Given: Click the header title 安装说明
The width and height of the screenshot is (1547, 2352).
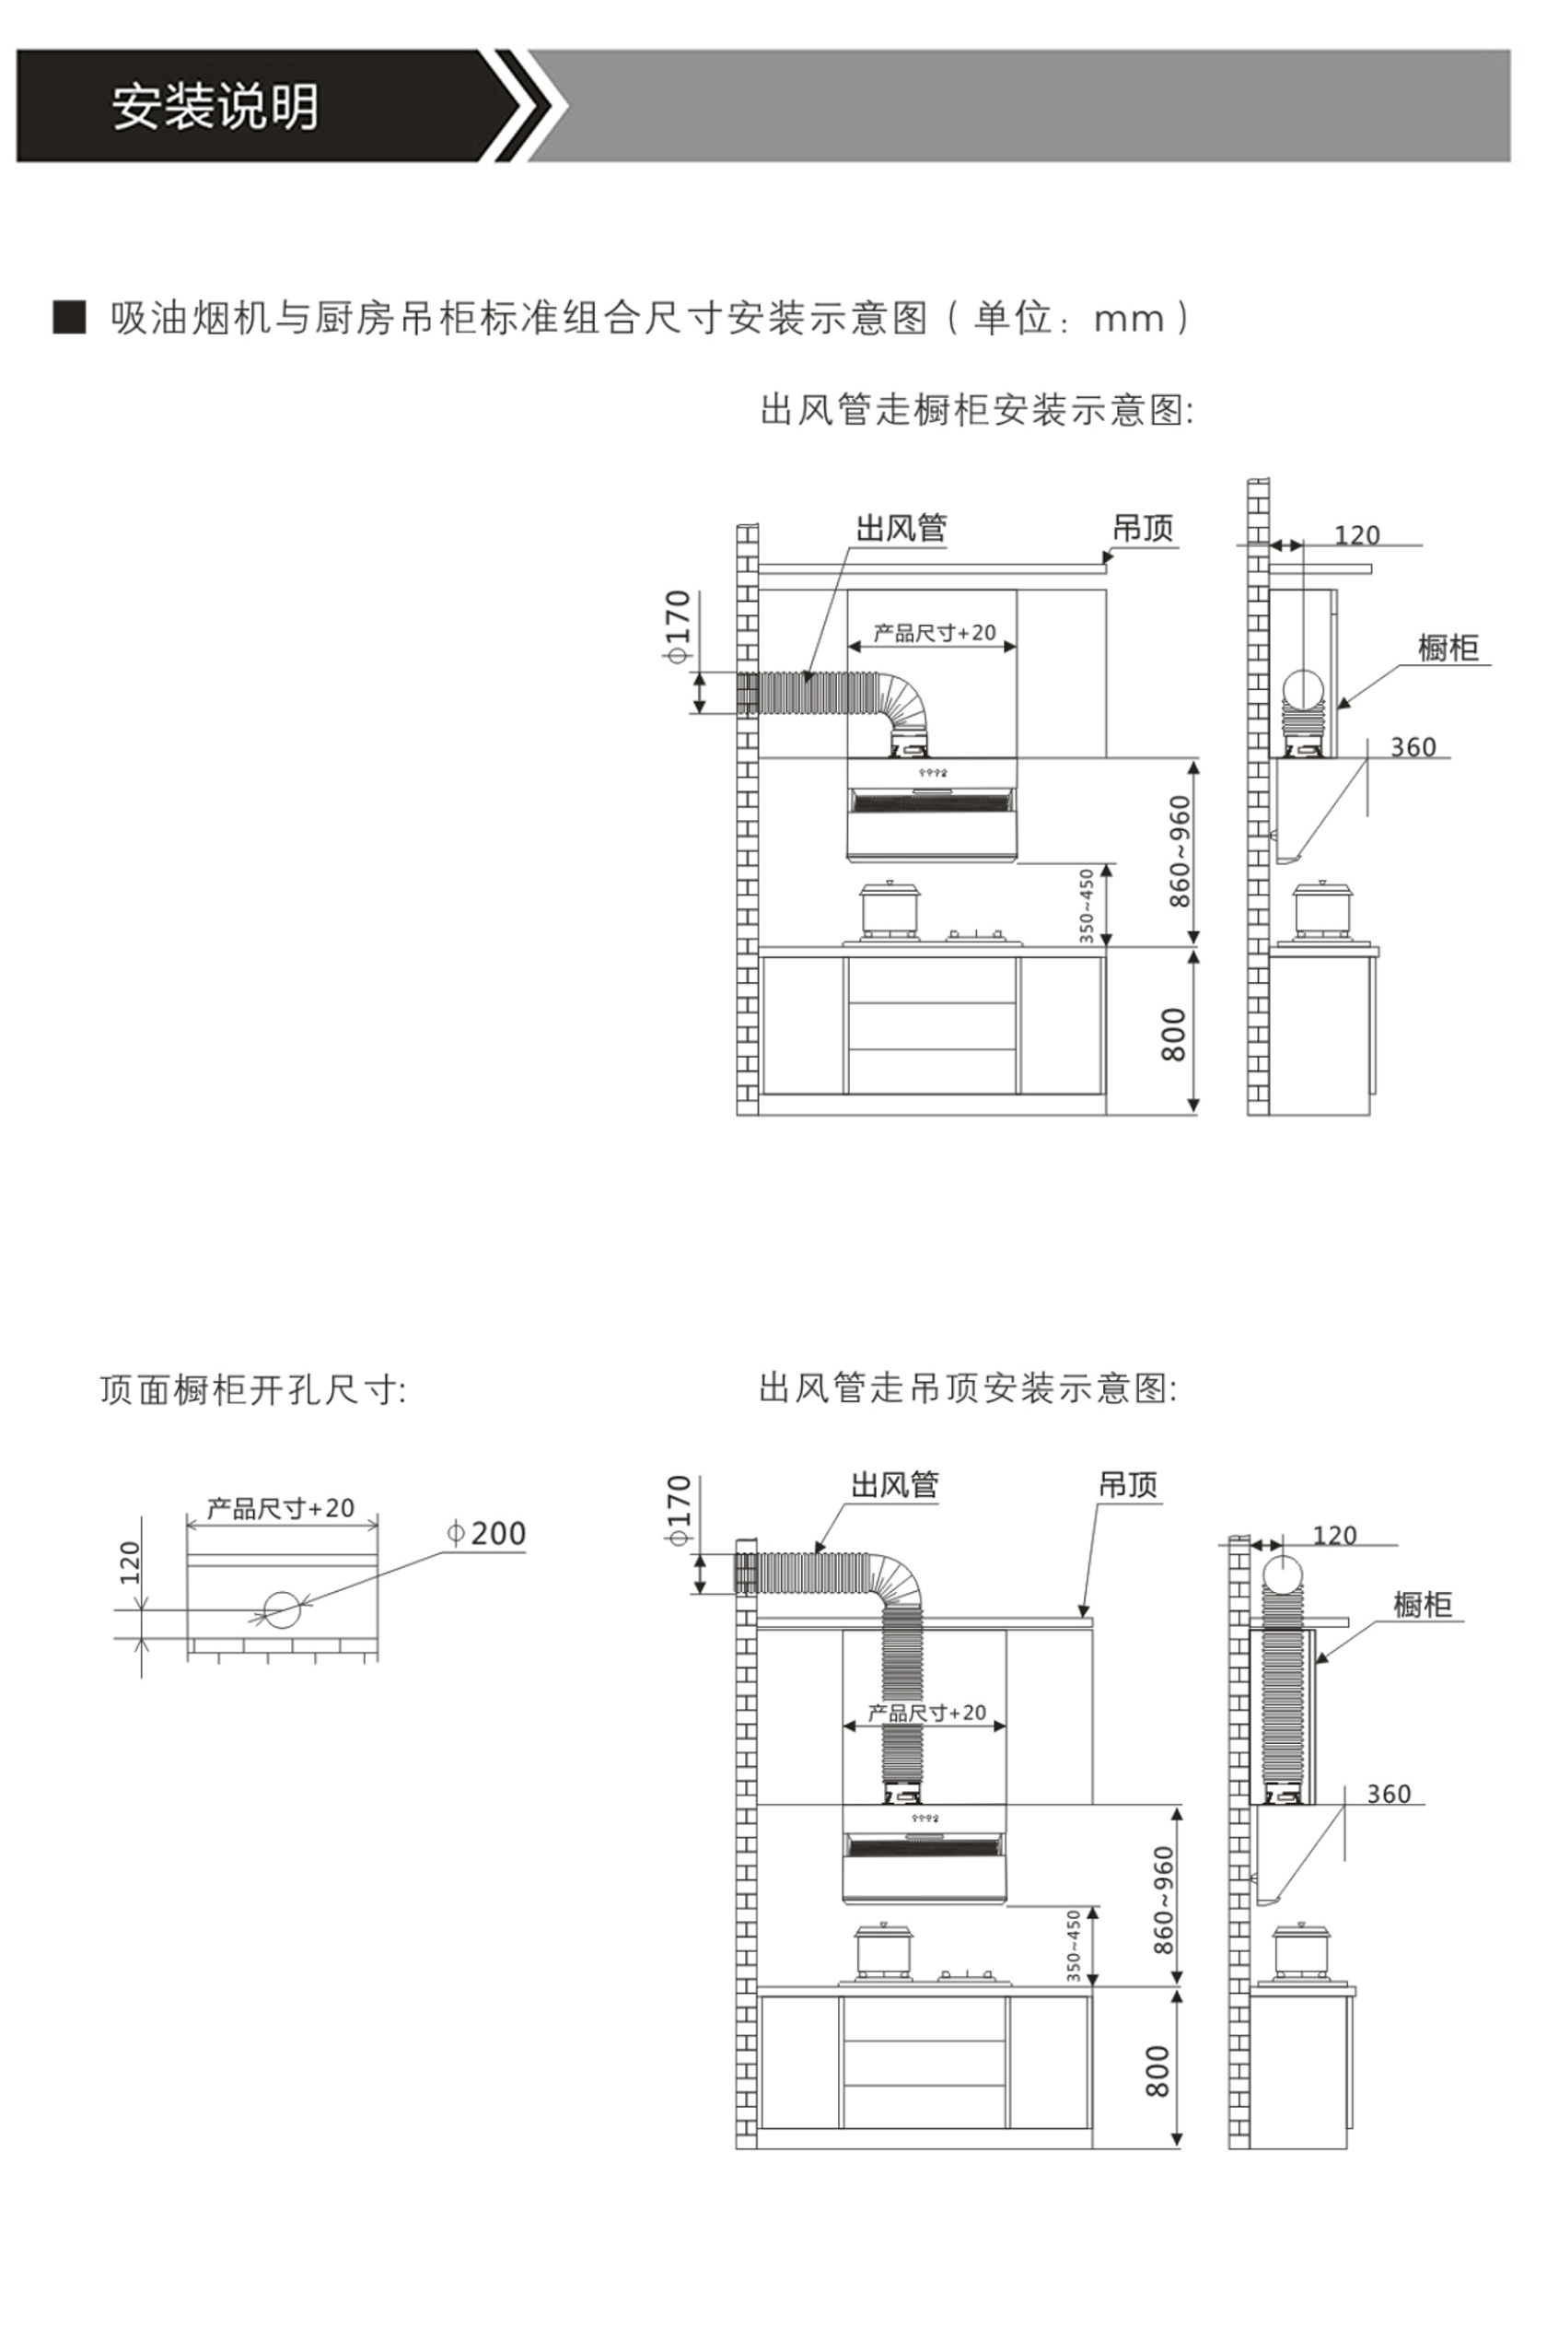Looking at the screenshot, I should click(x=215, y=107).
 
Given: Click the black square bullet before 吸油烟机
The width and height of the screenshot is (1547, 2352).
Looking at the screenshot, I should click(x=69, y=317).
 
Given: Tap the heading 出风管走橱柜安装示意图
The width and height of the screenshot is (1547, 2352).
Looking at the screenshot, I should click(x=976, y=409).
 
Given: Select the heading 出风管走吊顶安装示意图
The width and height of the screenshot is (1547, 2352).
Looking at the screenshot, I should click(x=967, y=1388).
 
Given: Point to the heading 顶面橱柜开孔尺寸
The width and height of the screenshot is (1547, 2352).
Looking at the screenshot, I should click(x=253, y=1390).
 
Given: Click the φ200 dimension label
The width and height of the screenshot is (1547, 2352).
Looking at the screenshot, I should click(x=487, y=1534).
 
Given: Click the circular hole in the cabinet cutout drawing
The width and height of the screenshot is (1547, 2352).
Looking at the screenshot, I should click(x=282, y=1609).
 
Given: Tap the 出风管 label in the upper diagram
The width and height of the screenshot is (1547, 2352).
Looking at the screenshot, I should click(x=900, y=528).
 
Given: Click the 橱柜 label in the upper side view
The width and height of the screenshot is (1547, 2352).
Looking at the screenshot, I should click(x=1448, y=649).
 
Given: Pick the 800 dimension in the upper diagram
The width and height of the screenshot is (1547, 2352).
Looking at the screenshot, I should click(x=1172, y=1035).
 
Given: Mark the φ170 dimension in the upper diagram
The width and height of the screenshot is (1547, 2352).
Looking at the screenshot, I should click(x=678, y=626).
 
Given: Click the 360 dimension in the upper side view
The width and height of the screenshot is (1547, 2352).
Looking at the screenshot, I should click(x=1413, y=747).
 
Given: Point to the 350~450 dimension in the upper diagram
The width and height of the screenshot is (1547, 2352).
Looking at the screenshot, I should click(x=1087, y=906).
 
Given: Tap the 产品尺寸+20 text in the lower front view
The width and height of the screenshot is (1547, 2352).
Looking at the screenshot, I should click(x=926, y=1713).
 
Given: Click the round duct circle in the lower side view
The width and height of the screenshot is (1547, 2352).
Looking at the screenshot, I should click(x=1284, y=1571).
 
